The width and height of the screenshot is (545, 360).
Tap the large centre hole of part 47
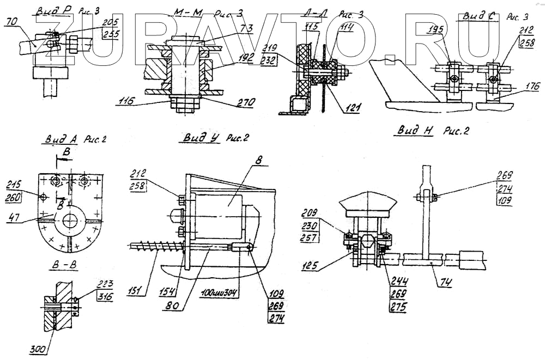[70, 221]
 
